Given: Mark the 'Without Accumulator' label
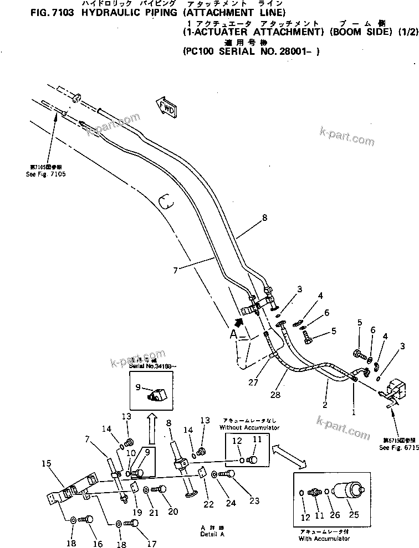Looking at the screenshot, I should coord(249,428).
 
